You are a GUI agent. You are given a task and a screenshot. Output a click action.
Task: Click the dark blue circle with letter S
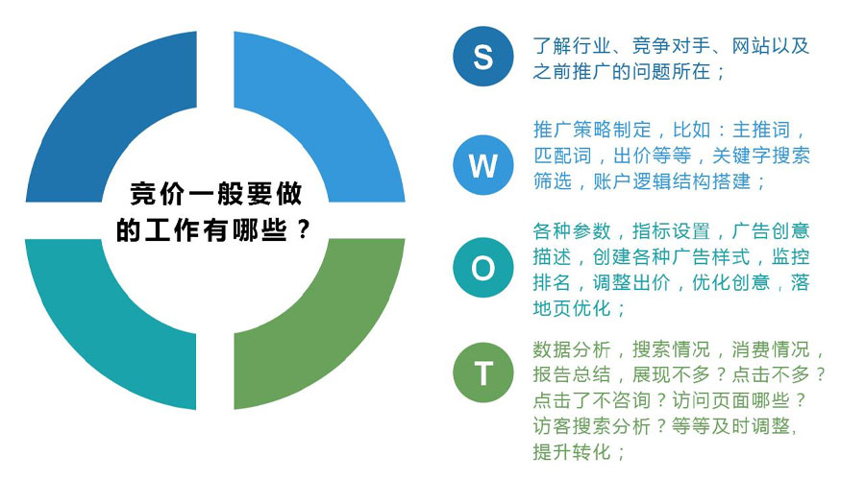point(482,57)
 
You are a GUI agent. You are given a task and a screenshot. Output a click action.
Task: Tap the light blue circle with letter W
point(482,165)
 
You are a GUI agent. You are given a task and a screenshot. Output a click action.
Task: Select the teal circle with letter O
point(482,268)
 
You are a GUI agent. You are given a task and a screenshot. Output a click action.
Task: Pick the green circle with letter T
point(482,372)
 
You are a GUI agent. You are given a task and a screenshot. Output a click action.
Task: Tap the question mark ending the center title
point(303,229)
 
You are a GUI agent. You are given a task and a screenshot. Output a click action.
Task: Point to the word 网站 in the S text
point(751,46)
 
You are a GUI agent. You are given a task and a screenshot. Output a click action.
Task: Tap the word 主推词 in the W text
point(761,130)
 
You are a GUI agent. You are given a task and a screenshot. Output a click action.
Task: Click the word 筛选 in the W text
point(553,181)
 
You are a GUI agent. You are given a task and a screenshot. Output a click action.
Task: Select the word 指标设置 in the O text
point(671,231)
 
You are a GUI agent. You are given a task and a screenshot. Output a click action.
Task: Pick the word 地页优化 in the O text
point(572,308)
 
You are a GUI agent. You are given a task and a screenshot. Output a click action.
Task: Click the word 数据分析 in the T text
point(572,349)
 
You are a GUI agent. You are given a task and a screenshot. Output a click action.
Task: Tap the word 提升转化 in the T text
point(572,452)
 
